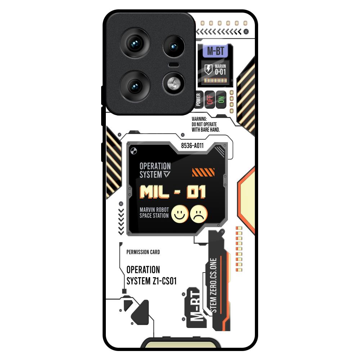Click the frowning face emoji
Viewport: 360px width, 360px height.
pyautogui.click(x=199, y=214)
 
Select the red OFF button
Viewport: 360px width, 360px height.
pyautogui.click(x=210, y=99)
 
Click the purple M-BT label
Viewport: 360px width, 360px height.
pyautogui.click(x=215, y=51)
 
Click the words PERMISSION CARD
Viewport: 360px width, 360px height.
pyautogui.click(x=143, y=252)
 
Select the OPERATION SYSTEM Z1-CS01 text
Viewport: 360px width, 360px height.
pyautogui.click(x=151, y=275)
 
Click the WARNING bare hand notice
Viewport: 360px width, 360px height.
pyautogui.click(x=206, y=124)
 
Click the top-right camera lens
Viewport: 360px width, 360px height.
pyautogui.click(x=174, y=46)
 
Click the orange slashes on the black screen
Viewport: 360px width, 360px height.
pyautogui.click(x=203, y=172)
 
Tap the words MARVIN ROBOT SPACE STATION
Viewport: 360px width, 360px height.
pyautogui.click(x=154, y=213)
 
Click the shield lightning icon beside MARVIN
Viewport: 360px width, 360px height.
pyautogui.click(x=208, y=69)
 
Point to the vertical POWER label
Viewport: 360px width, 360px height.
pyautogui.click(x=198, y=99)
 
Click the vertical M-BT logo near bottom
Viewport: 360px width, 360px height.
pyautogui.click(x=195, y=307)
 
